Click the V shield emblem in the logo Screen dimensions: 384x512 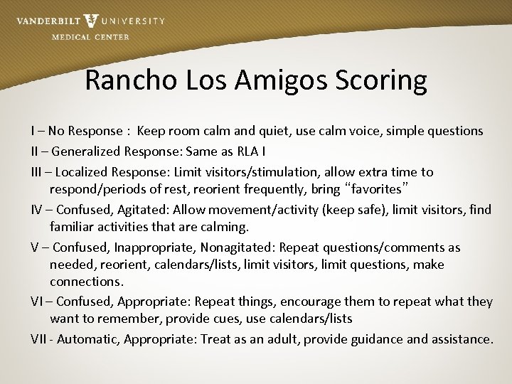[x=91, y=21]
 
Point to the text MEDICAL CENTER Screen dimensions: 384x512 [x=90, y=37]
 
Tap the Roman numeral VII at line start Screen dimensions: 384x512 [x=39, y=338]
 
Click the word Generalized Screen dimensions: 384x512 [x=87, y=151]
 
